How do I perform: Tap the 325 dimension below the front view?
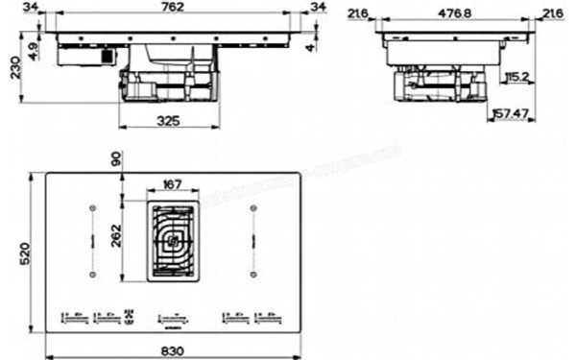(168, 121)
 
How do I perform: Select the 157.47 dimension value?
(514, 113)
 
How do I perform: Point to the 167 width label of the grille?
(173, 183)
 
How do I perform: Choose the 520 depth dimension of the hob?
(12, 254)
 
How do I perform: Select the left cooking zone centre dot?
(92, 207)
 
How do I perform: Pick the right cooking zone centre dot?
(252, 207)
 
